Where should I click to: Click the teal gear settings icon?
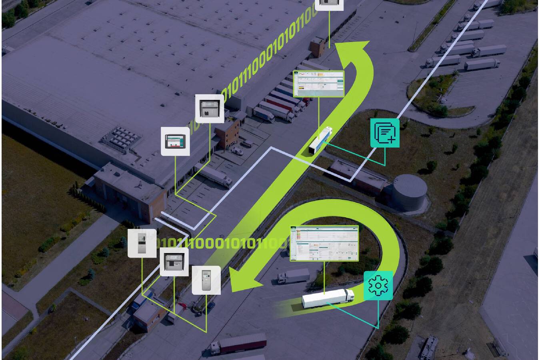(378, 286)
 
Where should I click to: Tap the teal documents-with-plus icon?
(385, 133)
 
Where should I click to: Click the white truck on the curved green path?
(328, 298)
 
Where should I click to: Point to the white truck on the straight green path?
(320, 140)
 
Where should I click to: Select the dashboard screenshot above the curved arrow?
(324, 243)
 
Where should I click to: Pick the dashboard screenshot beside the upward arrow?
(319, 84)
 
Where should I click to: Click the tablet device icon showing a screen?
(175, 141)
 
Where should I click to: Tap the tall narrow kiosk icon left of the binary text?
(142, 243)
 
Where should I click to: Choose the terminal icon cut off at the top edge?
(329, 4)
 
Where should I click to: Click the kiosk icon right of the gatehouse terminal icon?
(206, 280)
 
